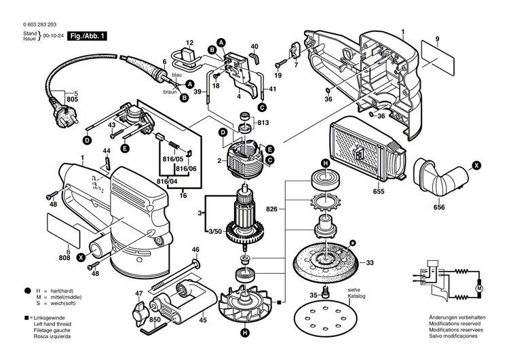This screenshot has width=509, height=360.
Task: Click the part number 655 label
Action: point(378,192)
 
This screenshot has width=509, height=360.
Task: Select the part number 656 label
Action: point(439,206)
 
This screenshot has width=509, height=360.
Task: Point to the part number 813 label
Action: point(263,123)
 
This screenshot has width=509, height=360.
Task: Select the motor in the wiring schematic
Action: point(478,289)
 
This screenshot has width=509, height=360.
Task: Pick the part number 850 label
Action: point(155,320)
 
